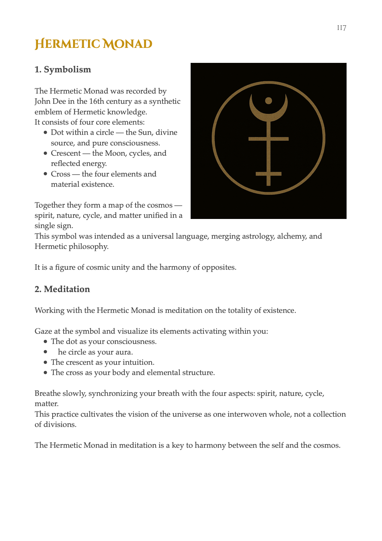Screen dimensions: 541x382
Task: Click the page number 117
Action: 341,28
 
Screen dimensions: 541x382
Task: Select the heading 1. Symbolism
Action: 63,69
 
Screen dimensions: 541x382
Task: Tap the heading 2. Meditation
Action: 62,289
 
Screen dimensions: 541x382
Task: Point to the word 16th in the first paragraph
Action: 97,101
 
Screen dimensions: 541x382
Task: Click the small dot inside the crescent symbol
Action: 268,101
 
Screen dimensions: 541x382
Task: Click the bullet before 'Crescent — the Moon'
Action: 45,153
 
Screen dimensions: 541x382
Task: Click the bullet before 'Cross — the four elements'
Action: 45,174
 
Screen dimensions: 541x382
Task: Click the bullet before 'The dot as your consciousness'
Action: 45,341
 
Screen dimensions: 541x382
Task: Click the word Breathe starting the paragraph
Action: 47,393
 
